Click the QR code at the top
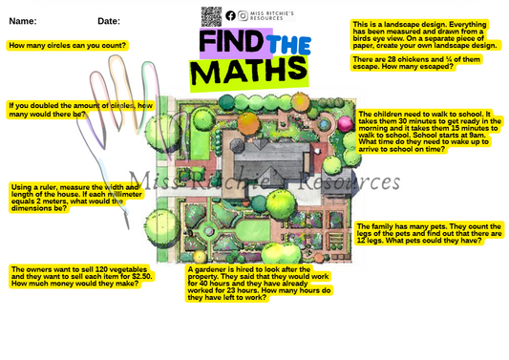[x=211, y=15]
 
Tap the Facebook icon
[x=230, y=15]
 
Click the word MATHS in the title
[x=252, y=72]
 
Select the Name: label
[x=23, y=20]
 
